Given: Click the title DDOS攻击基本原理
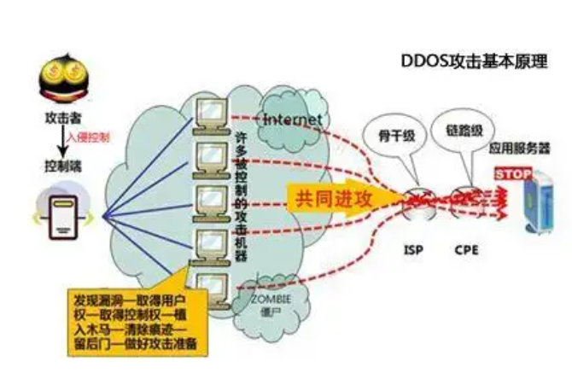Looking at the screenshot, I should (x=474, y=63).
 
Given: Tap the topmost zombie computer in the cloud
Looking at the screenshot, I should (x=211, y=112).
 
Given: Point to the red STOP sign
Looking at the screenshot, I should (x=510, y=174).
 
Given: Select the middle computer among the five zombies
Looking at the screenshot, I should (x=211, y=197).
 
